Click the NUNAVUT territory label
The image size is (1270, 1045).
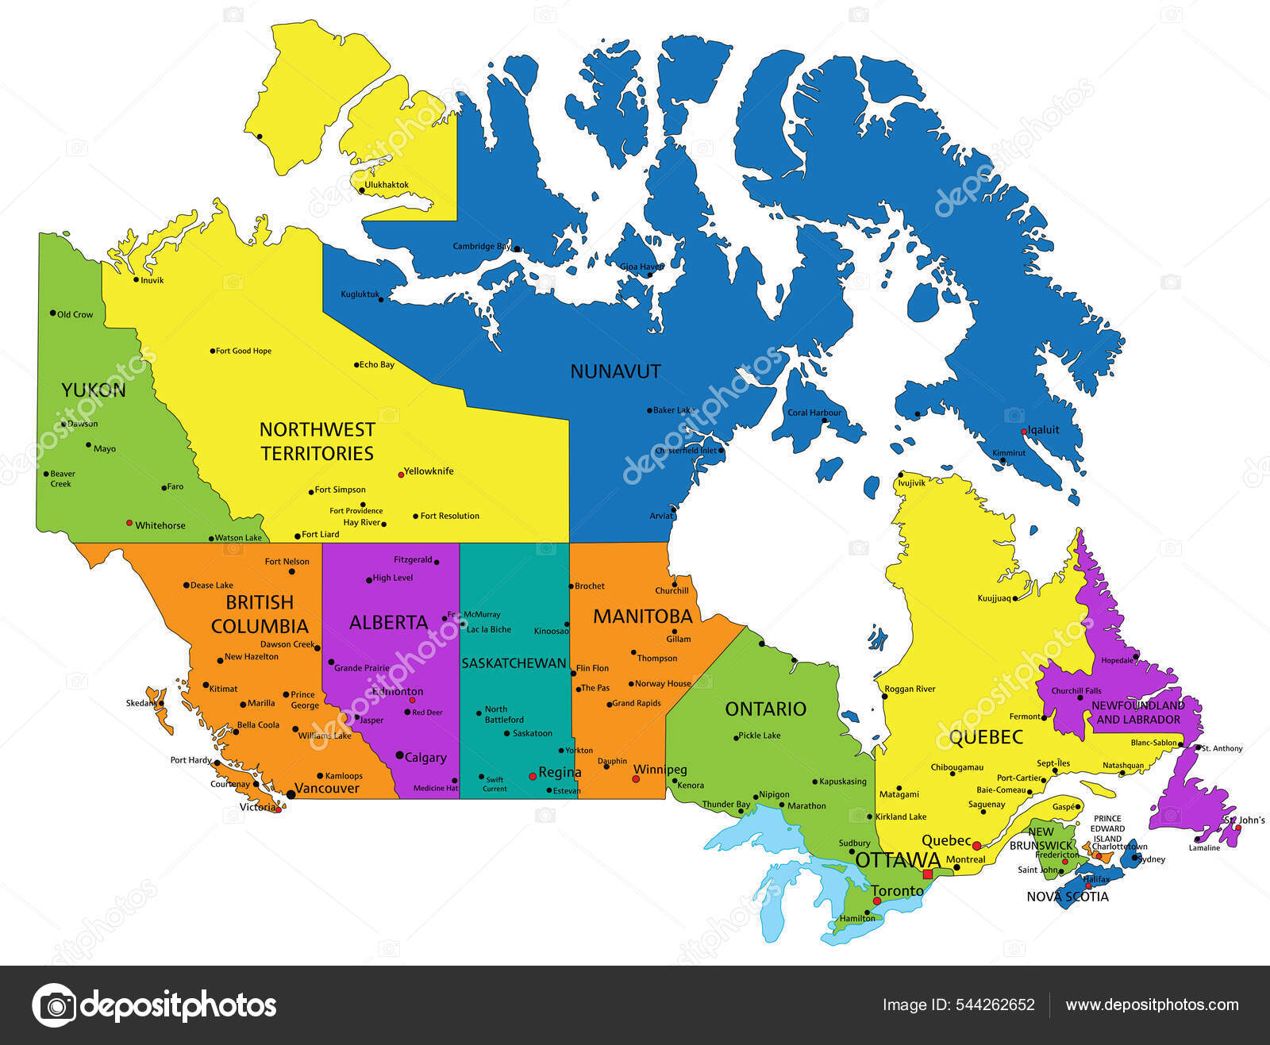click(x=615, y=371)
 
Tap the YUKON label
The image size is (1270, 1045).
click(x=94, y=390)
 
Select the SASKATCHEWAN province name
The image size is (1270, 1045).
click(x=514, y=663)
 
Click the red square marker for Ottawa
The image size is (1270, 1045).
click(x=927, y=874)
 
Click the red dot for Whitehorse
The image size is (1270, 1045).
click(x=129, y=523)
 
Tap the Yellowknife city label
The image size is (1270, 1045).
click(x=429, y=471)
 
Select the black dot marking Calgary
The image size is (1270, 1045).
click(x=399, y=755)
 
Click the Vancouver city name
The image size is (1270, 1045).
click(x=327, y=788)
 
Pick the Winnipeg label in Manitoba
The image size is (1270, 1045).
click(x=660, y=770)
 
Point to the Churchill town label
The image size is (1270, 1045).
click(x=672, y=591)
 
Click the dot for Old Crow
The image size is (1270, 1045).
click(x=53, y=313)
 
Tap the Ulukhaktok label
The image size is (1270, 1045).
click(x=387, y=186)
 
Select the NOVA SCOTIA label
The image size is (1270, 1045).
click(x=1068, y=897)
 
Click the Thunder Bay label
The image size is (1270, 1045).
click(x=725, y=805)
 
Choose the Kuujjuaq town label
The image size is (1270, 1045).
click(x=994, y=598)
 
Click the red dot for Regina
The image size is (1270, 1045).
click(x=533, y=776)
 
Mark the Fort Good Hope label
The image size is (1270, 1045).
click(x=244, y=351)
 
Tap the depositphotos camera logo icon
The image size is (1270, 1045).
click(x=54, y=1005)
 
